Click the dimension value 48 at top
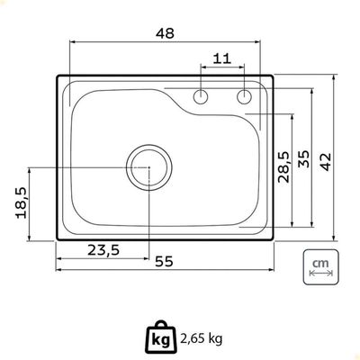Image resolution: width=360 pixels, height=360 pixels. tap(165, 33)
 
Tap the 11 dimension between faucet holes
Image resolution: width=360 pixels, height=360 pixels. tap(222, 58)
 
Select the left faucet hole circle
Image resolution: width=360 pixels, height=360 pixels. tap(201, 96)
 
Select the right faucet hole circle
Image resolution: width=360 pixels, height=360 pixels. tap(245, 96)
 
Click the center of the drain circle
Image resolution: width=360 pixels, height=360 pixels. tap(149, 167)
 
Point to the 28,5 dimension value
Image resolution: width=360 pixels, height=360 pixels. tap(283, 166)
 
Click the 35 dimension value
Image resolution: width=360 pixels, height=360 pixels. tap(303, 159)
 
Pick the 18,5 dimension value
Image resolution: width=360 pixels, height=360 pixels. tap(22, 202)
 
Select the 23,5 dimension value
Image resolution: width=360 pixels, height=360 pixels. tap(103, 250)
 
